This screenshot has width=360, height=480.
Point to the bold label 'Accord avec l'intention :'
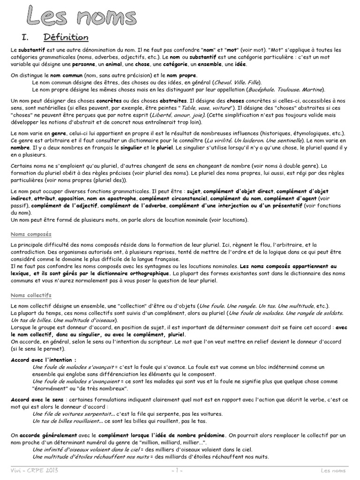[x=44, y=360]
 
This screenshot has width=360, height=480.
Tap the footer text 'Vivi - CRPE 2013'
[x=31, y=470]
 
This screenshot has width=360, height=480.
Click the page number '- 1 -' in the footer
[x=176, y=470]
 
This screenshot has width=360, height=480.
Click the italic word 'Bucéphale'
[x=261, y=89]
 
